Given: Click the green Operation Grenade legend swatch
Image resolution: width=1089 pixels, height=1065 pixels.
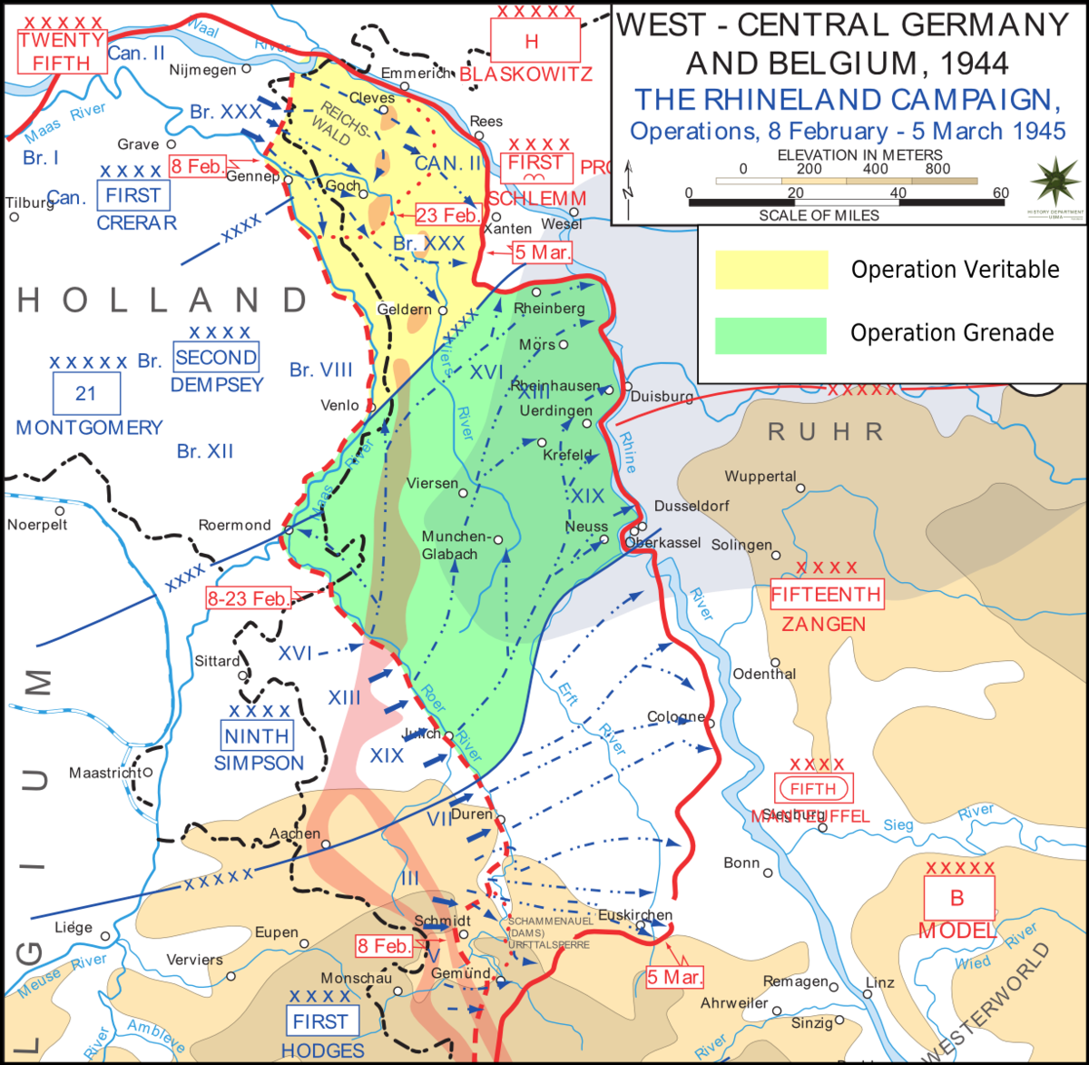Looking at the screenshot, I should pyautogui.click(x=770, y=335).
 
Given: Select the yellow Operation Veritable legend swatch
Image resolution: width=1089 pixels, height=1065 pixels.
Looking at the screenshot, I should pyautogui.click(x=771, y=270).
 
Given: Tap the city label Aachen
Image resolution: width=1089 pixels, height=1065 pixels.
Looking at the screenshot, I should pyautogui.click(x=295, y=833).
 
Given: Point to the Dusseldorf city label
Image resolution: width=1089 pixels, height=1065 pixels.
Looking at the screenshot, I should pyautogui.click(x=692, y=506).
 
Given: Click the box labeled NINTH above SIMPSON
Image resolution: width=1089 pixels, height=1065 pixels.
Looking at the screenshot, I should pyautogui.click(x=258, y=736).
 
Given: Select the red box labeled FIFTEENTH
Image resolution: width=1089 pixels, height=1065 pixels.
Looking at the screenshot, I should pyautogui.click(x=826, y=595).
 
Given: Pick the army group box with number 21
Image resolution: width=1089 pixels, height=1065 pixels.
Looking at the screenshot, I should pyautogui.click(x=85, y=394).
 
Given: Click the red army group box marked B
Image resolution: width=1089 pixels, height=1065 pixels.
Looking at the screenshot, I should pyautogui.click(x=957, y=898).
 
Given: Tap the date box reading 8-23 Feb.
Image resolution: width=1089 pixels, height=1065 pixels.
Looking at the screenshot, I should pyautogui.click(x=248, y=597).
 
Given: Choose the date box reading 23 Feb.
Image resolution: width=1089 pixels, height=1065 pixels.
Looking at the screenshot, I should pyautogui.click(x=448, y=215).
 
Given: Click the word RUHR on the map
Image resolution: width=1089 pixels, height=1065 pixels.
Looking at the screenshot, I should pyautogui.click(x=825, y=432).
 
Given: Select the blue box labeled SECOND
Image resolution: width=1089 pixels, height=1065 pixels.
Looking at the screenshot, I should pyautogui.click(x=216, y=357).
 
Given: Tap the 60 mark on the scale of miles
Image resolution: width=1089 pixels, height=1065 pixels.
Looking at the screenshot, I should pyautogui.click(x=1000, y=192).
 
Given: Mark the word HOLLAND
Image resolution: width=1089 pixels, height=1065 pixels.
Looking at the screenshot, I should pyautogui.click(x=163, y=300).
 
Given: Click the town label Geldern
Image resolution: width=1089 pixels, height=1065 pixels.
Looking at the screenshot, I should pyautogui.click(x=405, y=310).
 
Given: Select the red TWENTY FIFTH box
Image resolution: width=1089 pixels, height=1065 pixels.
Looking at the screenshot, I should pyautogui.click(x=62, y=52).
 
